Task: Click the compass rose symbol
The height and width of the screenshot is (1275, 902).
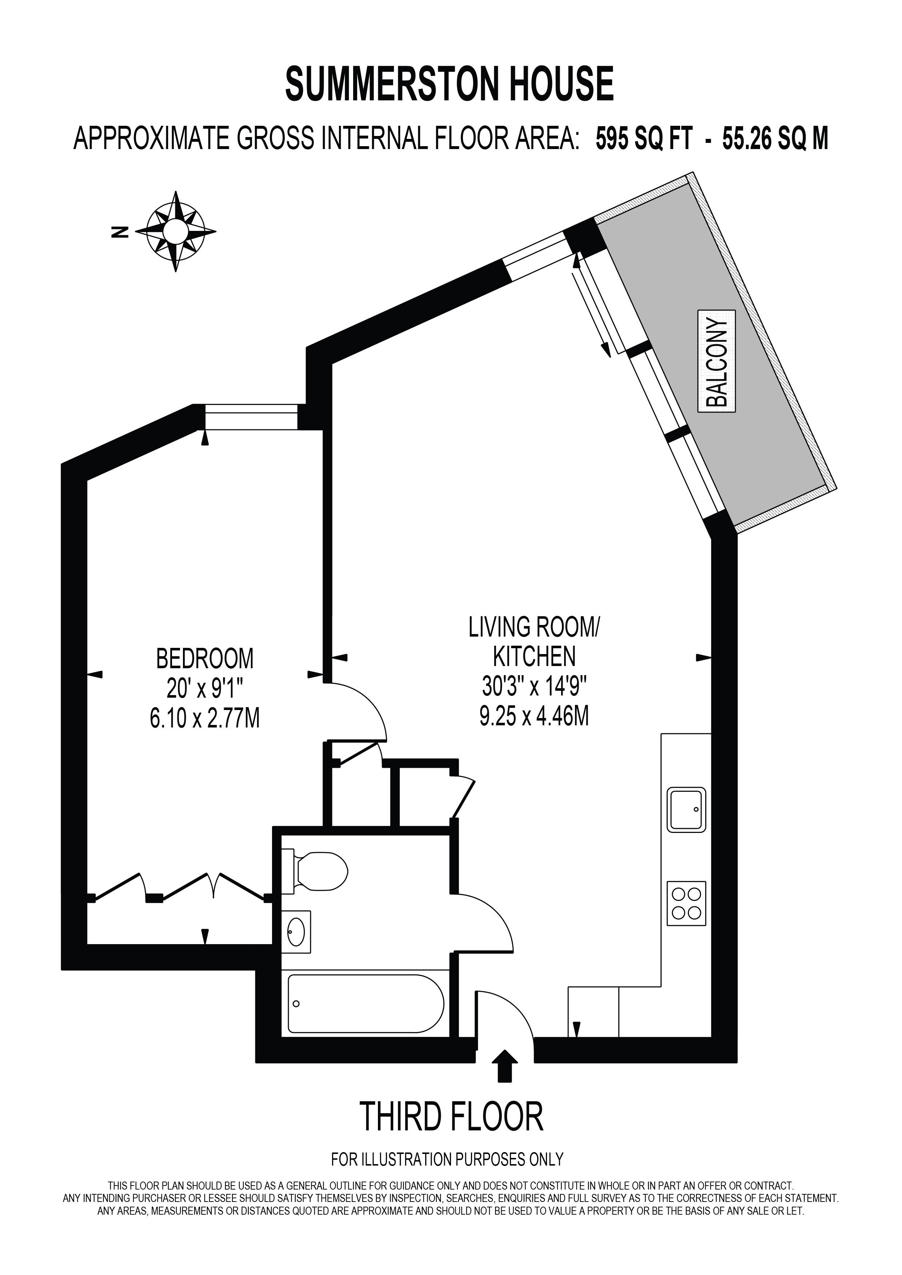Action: [x=176, y=232]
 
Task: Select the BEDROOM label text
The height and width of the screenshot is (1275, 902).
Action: [x=205, y=659]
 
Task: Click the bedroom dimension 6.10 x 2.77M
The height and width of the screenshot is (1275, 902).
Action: [x=205, y=720]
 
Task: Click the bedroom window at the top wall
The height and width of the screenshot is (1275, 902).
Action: [x=252, y=417]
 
